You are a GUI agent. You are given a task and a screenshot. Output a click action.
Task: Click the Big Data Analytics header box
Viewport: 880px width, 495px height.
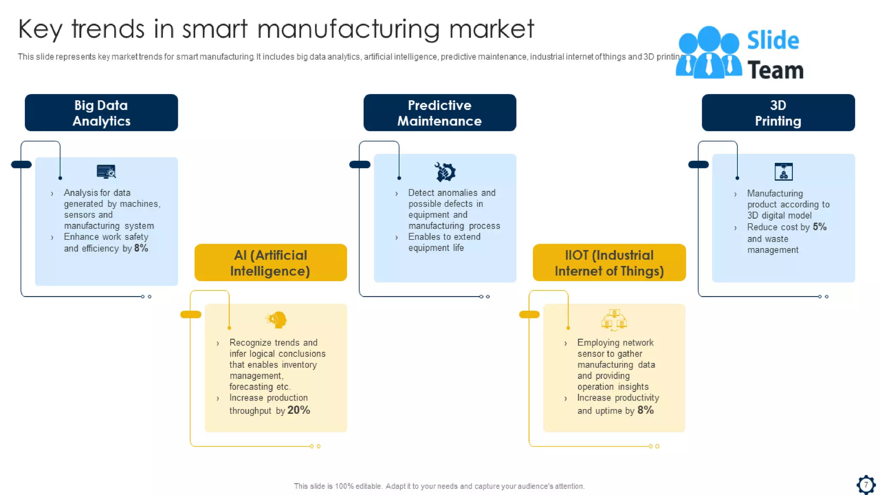[101, 113]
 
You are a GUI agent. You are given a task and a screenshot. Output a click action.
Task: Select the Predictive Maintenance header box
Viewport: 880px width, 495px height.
[440, 113]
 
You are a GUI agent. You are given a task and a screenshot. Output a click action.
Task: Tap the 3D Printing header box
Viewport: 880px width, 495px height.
[778, 113]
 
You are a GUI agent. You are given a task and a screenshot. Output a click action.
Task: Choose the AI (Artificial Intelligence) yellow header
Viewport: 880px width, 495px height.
[270, 263]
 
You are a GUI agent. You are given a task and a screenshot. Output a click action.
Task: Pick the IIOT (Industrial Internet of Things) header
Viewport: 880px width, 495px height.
[609, 263]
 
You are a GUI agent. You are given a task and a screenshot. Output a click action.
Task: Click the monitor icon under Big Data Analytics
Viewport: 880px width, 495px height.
[106, 171]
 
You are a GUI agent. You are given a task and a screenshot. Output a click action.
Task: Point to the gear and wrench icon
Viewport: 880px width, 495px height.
[445, 172]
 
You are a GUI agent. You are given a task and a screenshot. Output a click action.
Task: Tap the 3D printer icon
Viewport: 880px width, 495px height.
[783, 171]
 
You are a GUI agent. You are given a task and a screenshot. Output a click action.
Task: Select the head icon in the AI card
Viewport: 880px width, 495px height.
[276, 320]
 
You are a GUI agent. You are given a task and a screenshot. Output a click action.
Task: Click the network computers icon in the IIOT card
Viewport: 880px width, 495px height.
[614, 320]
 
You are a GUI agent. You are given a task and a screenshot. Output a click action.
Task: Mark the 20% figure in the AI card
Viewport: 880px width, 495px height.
[299, 410]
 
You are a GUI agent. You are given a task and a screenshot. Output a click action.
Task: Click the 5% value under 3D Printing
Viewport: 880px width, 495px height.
[819, 226]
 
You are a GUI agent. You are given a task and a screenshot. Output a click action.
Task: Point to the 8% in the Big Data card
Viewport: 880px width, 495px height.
[141, 248]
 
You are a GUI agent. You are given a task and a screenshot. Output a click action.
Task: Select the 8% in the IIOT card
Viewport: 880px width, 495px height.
[645, 410]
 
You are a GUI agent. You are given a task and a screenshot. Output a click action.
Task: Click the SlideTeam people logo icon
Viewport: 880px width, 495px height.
[709, 52]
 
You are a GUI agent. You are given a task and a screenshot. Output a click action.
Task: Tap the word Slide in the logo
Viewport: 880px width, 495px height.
[773, 40]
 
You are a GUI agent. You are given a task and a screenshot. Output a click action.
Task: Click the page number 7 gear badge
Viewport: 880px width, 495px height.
[866, 485]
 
